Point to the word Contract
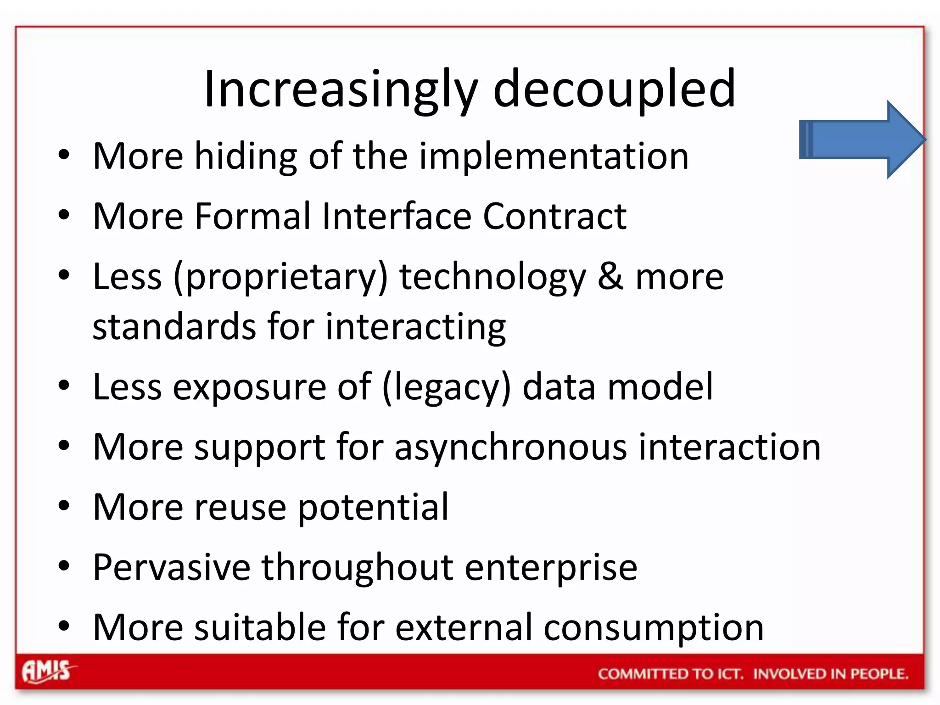point(554,216)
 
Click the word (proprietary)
point(280,278)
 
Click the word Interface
point(397,216)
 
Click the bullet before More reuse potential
point(64,506)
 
